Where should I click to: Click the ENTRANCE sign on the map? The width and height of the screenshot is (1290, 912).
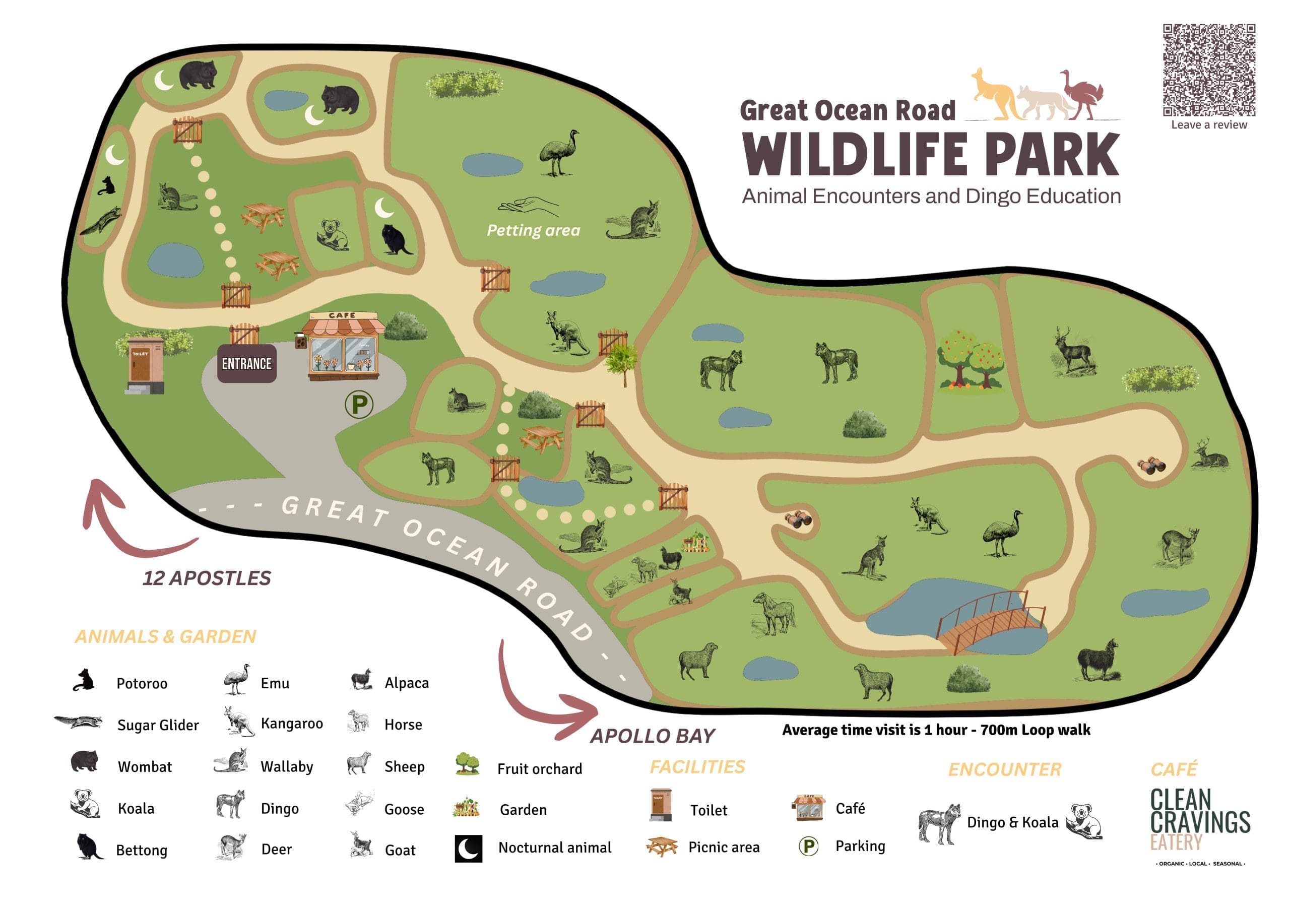coord(246,364)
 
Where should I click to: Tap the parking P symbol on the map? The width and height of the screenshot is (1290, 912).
coord(359,404)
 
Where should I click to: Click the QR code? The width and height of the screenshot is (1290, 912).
coord(1208,70)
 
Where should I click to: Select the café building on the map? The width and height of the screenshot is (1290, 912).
coord(343,347)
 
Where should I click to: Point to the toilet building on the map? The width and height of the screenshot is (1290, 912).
coord(145,365)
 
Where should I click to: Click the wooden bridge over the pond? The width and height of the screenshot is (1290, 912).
coord(990,623)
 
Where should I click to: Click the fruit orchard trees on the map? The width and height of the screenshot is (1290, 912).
coord(971,360)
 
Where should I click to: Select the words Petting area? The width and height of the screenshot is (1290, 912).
coord(533,230)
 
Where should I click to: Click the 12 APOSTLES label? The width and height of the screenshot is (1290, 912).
coord(207,578)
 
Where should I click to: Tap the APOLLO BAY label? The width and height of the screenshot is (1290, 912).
coord(652,736)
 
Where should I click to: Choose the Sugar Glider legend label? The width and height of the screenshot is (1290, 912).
coord(158,725)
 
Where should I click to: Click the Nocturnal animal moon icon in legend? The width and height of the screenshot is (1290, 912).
coord(468,848)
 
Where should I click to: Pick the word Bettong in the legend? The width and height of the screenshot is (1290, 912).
coord(142,850)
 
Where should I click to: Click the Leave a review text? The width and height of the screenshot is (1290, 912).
coord(1208,125)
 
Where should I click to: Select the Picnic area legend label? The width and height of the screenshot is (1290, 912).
coord(724,847)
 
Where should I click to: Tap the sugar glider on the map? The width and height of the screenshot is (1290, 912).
coord(101,221)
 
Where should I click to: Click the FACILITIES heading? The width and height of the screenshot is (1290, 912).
coord(697,767)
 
